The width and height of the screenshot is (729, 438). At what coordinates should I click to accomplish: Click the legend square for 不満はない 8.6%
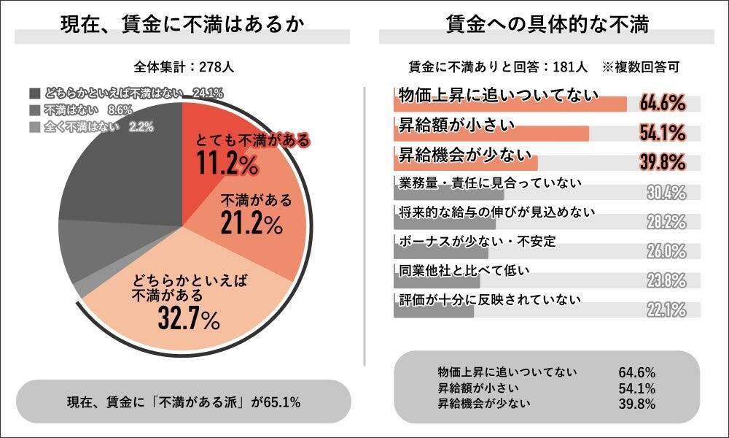pyautogui.click(x=35, y=109)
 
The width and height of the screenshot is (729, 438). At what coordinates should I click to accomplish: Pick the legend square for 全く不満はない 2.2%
pyautogui.click(x=35, y=126)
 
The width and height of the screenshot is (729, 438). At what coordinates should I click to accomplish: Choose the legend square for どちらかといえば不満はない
pyautogui.click(x=35, y=93)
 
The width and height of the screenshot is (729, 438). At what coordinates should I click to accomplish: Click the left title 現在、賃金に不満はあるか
pyautogui.click(x=182, y=24)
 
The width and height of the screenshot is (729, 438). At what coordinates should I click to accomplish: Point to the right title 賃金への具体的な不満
pyautogui.click(x=547, y=24)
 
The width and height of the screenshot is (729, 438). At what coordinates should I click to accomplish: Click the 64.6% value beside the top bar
pyautogui.click(x=663, y=104)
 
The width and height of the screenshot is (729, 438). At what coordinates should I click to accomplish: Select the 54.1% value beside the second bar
pyautogui.click(x=663, y=133)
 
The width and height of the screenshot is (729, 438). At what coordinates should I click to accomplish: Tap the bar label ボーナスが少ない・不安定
pyautogui.click(x=478, y=241)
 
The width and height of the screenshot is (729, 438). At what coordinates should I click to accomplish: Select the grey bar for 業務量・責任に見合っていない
pyautogui.click(x=448, y=194)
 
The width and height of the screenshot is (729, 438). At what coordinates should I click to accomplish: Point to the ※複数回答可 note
pyautogui.click(x=641, y=67)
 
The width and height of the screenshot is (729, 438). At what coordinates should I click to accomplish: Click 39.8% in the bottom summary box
pyautogui.click(x=636, y=403)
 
